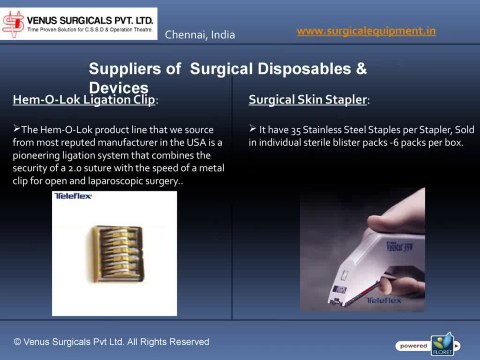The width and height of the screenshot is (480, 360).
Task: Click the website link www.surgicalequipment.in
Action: point(367,32)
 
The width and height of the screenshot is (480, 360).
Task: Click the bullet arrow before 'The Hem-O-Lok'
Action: point(16,130)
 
